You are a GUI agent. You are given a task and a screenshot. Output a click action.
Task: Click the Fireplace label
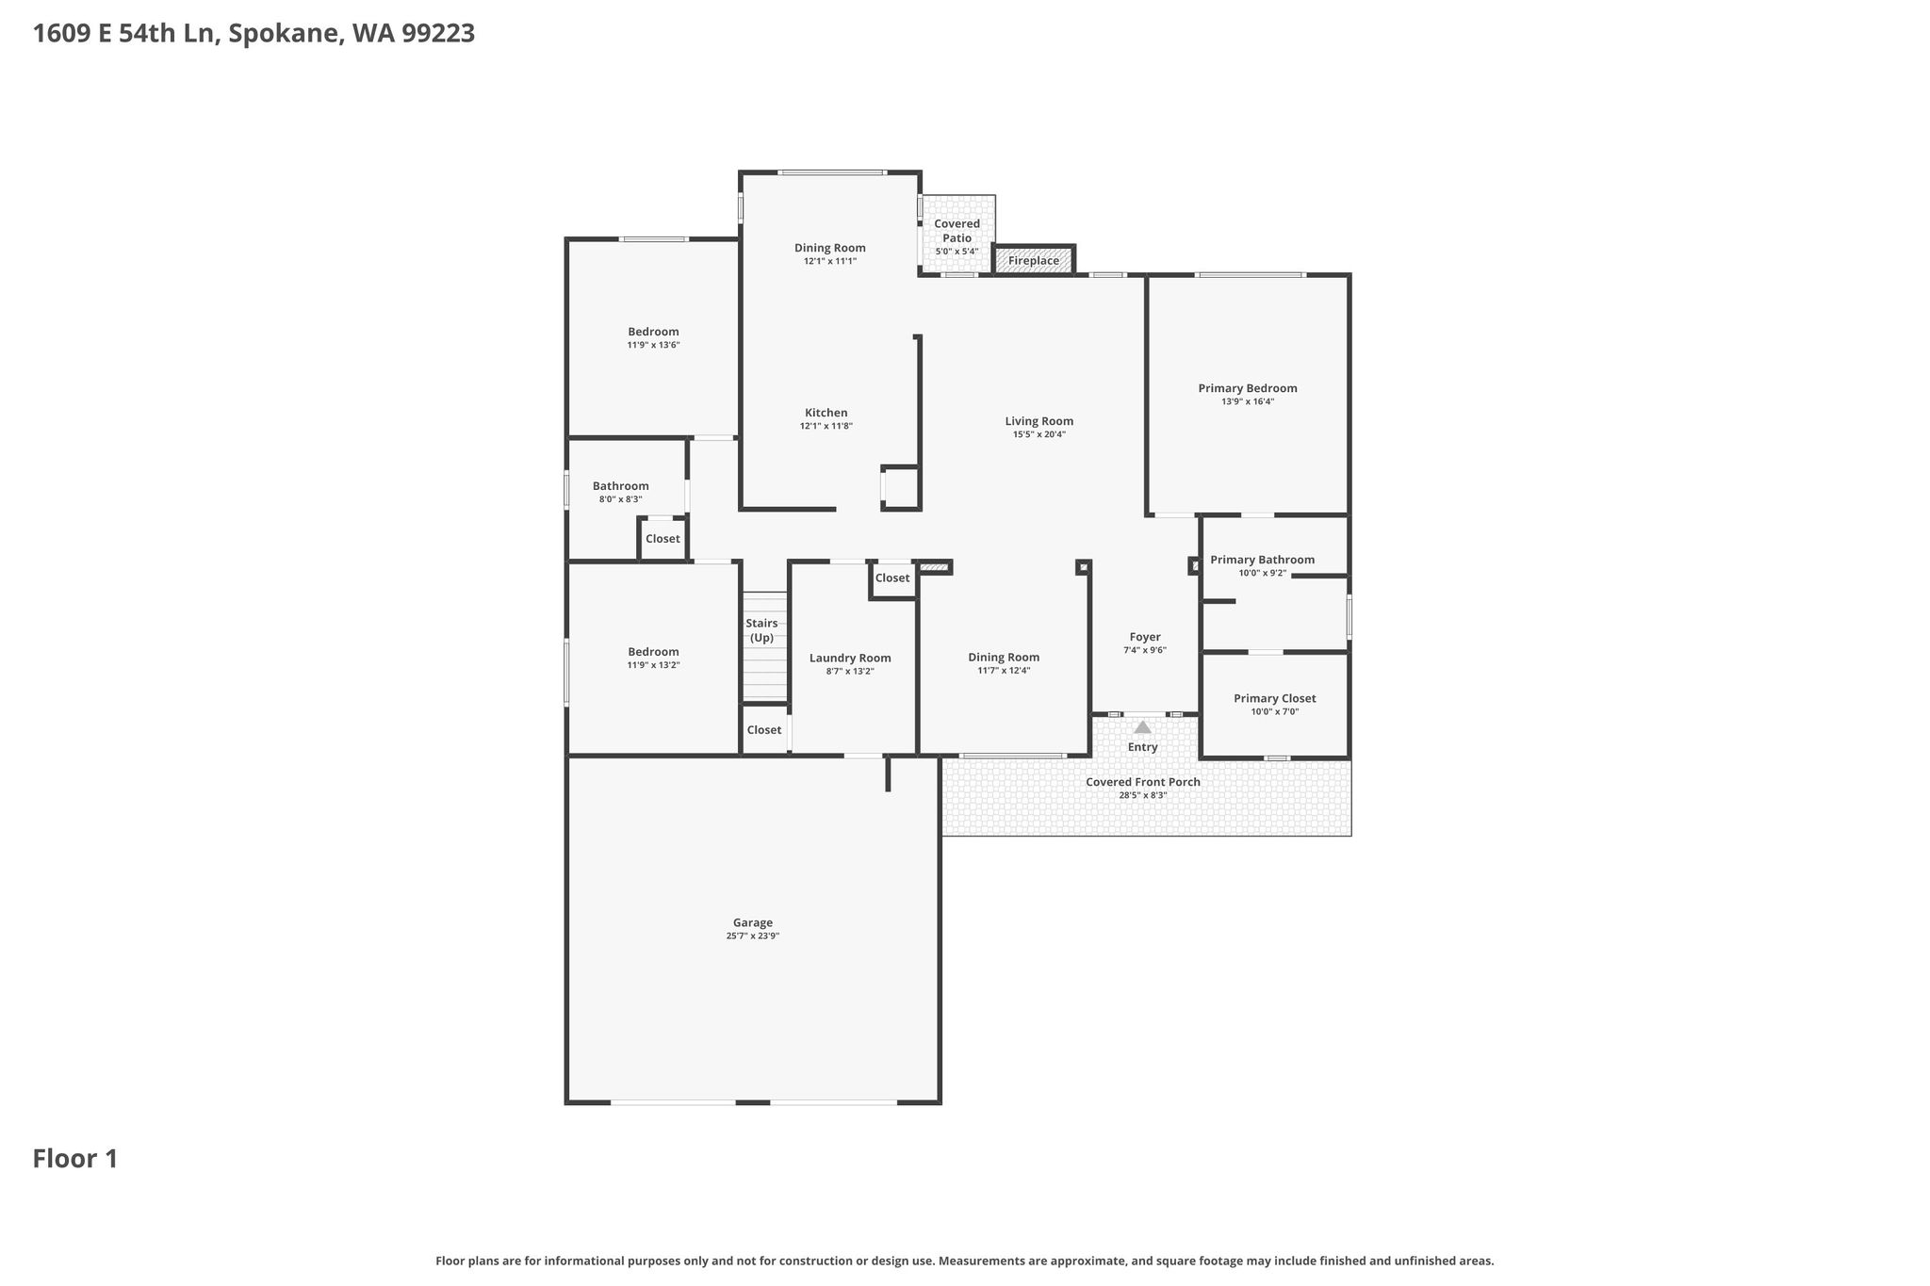(x=1034, y=261)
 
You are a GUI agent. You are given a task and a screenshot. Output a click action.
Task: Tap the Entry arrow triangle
(x=1142, y=727)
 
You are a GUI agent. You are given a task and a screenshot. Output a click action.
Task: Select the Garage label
(x=753, y=923)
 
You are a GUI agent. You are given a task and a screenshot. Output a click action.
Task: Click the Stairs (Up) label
(x=762, y=630)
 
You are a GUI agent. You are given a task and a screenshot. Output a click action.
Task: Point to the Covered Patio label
(x=957, y=231)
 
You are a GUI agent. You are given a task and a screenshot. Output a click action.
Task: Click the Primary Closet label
(x=1275, y=698)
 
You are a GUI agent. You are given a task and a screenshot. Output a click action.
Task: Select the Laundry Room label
(x=850, y=659)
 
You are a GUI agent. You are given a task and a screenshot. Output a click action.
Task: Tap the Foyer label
(x=1145, y=637)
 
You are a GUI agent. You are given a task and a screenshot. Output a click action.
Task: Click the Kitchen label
(x=826, y=413)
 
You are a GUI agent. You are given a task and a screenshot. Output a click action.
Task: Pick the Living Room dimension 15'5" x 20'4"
(x=1039, y=434)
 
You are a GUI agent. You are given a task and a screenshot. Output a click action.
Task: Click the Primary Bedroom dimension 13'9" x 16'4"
(x=1248, y=401)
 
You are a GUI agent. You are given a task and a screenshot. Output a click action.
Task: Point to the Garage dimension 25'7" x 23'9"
(x=753, y=936)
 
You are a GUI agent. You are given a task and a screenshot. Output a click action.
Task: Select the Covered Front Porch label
(x=1143, y=782)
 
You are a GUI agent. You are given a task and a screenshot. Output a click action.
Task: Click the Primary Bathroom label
(x=1263, y=560)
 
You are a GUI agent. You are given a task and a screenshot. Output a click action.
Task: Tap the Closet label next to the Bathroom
(x=662, y=539)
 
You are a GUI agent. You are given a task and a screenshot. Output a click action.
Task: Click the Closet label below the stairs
(x=764, y=730)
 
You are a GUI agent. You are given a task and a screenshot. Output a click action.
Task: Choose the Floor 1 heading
(x=75, y=1159)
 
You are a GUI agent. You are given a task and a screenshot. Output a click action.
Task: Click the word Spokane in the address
(x=285, y=34)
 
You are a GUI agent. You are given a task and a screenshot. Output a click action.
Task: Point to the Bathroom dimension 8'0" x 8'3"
(x=621, y=499)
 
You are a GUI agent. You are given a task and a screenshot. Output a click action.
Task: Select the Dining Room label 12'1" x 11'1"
(x=830, y=248)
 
